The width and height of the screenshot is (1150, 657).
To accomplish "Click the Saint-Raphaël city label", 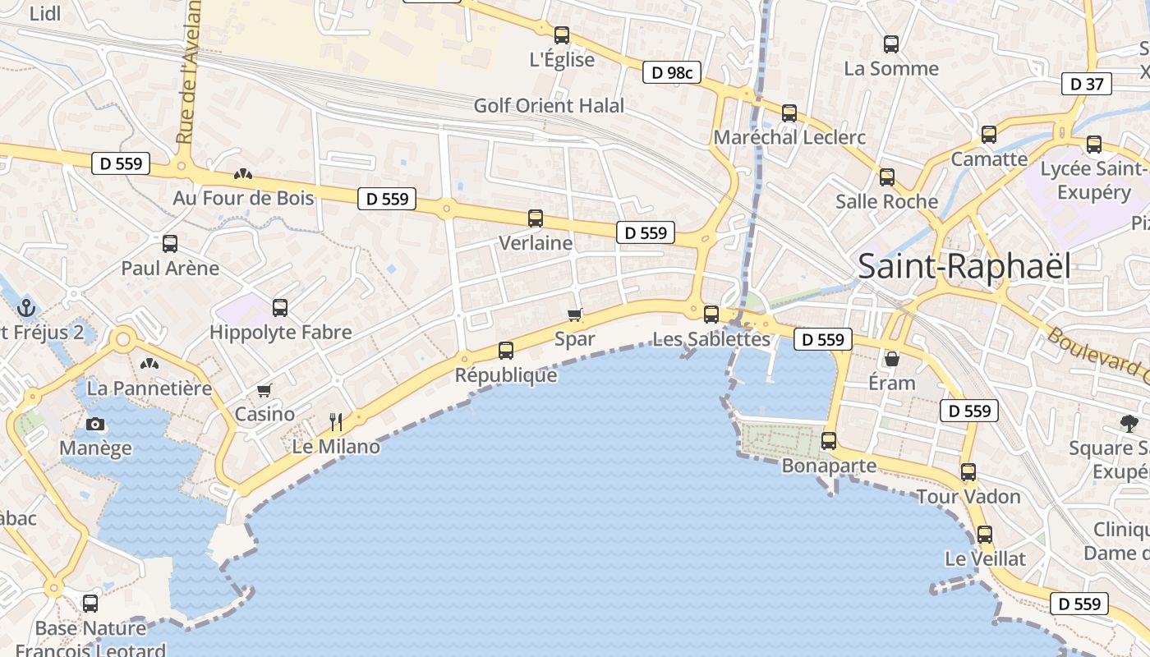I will [x=964, y=266].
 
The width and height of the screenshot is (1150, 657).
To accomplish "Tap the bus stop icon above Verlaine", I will [x=536, y=218].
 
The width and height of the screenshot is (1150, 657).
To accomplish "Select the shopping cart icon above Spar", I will [x=575, y=315].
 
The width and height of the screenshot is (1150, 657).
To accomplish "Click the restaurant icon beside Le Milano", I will [x=336, y=422].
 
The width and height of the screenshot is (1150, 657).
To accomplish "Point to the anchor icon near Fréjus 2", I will [x=27, y=309].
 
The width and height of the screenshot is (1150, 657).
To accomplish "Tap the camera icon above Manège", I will [x=95, y=424].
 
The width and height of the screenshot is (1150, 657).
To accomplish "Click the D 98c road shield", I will [x=672, y=73].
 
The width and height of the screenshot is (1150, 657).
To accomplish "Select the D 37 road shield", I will [x=1088, y=84].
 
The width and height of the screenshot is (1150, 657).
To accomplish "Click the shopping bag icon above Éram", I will [x=891, y=359].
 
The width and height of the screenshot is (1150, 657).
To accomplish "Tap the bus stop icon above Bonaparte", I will [x=829, y=441].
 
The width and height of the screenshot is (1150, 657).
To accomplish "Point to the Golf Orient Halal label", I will [x=549, y=106].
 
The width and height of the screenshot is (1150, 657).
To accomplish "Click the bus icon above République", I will [x=506, y=351].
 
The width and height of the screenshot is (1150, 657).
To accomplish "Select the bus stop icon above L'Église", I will [x=562, y=35].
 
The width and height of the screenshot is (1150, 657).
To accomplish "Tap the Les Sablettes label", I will [x=711, y=338].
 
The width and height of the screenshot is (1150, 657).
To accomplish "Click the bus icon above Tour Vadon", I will [x=968, y=472].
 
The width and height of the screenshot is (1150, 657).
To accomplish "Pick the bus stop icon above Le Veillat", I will [x=985, y=535].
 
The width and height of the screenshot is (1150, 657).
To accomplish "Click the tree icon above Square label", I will [x=1129, y=424].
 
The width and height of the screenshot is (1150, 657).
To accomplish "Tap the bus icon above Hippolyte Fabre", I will [x=280, y=308].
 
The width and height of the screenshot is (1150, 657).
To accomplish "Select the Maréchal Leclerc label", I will [x=789, y=137].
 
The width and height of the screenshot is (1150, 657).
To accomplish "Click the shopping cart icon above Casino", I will [x=264, y=390].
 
